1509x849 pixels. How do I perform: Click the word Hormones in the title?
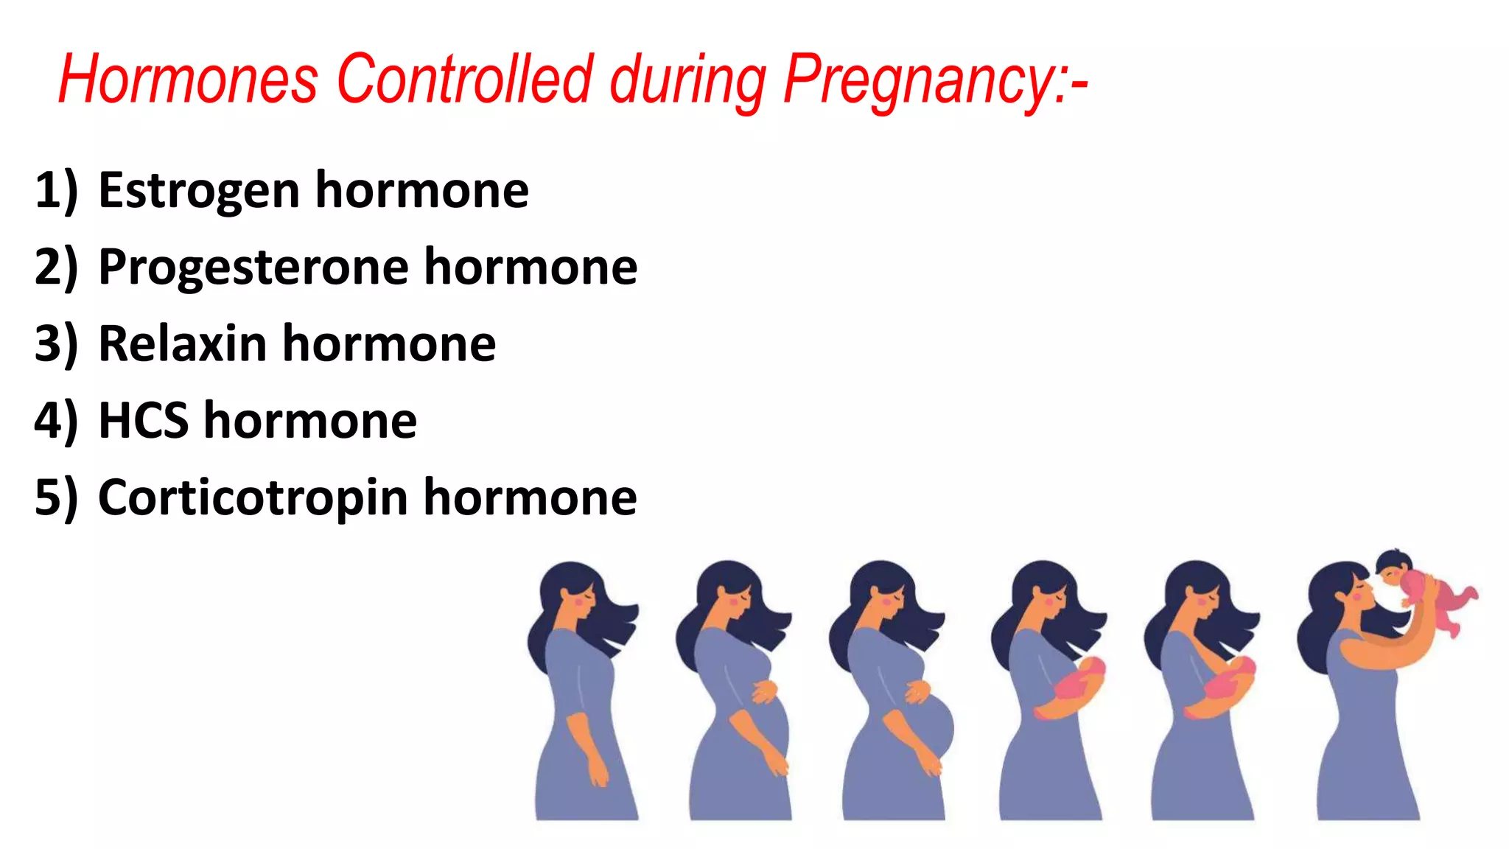click(188, 79)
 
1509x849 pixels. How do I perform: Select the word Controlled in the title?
click(465, 79)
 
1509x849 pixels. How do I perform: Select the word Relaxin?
click(182, 344)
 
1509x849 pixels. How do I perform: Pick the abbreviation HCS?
click(143, 421)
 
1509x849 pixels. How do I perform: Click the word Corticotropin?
click(253, 498)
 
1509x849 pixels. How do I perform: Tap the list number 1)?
click(56, 191)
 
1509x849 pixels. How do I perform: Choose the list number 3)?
click(56, 344)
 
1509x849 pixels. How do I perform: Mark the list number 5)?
click(56, 498)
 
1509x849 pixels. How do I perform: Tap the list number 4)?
click(56, 421)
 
